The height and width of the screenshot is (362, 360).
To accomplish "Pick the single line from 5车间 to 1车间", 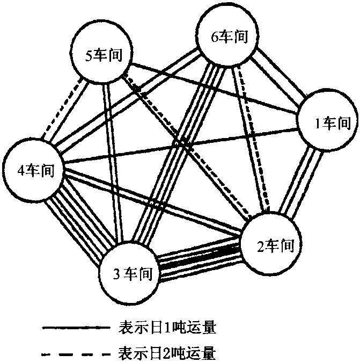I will click(215, 89).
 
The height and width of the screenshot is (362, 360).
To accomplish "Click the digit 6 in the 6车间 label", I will click(216, 37).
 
